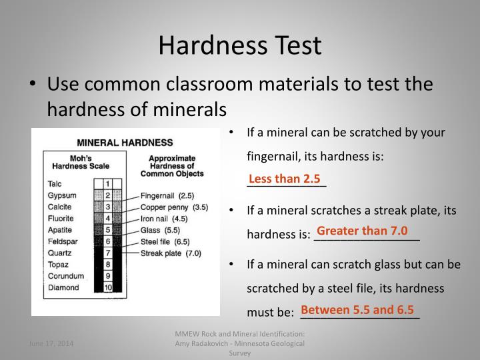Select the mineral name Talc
(x=55, y=183)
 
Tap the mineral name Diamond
(x=63, y=288)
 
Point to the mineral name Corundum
(x=66, y=276)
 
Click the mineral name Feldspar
(x=63, y=241)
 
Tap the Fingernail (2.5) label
(x=167, y=196)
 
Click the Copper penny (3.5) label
(x=174, y=207)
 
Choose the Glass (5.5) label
(x=161, y=230)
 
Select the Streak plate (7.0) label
(x=171, y=253)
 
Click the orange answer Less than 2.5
(x=285, y=179)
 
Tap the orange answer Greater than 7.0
(x=362, y=231)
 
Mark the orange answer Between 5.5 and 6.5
(x=358, y=310)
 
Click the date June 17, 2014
(x=51, y=343)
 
